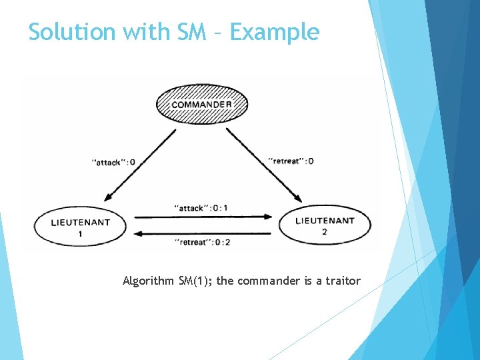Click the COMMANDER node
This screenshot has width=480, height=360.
(x=202, y=104)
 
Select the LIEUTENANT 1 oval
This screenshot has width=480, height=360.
(x=80, y=227)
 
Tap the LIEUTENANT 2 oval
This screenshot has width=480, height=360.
(x=325, y=225)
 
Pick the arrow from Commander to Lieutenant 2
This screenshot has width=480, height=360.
(x=264, y=164)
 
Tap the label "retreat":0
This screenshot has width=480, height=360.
(x=291, y=161)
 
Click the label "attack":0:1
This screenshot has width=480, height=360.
(x=201, y=208)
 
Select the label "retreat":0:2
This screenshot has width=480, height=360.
(x=201, y=241)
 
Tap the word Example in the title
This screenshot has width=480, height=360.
(x=275, y=31)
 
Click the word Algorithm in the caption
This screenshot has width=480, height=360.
(x=149, y=281)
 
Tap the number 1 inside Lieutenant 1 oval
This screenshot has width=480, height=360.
(x=80, y=235)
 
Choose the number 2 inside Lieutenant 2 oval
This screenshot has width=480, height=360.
(x=325, y=231)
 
